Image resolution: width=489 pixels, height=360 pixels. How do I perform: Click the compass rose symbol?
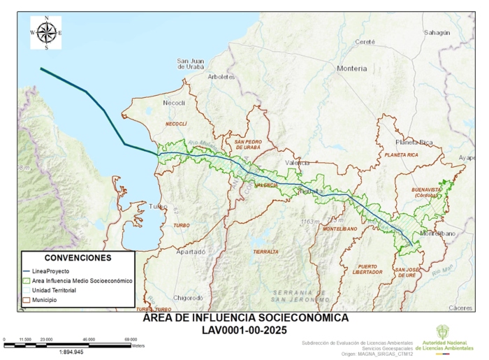pos(46,32)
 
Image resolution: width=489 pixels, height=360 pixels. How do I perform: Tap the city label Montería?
pos(351,69)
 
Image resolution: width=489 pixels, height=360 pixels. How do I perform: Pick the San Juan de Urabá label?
pos(190,64)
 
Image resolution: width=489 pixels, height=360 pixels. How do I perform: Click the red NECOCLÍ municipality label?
pos(176,123)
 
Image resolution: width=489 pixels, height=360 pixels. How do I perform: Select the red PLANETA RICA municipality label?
pos(401,154)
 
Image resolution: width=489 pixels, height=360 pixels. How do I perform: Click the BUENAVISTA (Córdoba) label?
pos(424,192)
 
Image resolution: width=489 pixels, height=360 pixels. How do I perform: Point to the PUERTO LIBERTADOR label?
pos(367,269)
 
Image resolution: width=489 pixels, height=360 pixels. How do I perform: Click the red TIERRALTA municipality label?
pos(265,251)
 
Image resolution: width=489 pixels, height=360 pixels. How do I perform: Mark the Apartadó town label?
pos(191,251)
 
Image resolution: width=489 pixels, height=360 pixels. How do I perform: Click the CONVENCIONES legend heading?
pos(78,258)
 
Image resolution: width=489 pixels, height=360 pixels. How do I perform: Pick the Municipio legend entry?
pos(43,300)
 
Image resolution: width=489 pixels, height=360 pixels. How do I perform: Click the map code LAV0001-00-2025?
pos(245,329)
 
